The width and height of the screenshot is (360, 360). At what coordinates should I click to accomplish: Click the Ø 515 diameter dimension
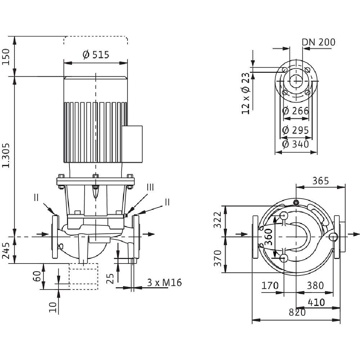point(95,55)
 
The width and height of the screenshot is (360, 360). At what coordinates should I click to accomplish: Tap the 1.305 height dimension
point(6,156)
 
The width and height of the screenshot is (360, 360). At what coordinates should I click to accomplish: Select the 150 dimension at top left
point(6,56)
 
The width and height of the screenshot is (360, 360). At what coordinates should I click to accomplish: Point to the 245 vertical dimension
point(6,250)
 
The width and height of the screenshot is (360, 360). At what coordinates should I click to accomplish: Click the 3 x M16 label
point(164,283)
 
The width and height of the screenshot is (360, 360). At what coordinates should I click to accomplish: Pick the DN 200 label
point(318,42)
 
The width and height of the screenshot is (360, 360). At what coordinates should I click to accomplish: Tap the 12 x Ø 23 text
point(246,94)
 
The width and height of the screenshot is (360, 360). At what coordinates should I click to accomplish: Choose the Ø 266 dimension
point(296,111)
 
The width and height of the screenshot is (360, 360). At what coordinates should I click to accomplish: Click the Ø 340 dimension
point(296,144)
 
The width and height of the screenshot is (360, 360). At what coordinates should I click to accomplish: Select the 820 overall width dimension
point(297,312)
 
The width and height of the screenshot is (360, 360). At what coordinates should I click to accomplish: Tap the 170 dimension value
point(270,285)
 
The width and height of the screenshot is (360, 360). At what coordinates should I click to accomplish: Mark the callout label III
point(150,187)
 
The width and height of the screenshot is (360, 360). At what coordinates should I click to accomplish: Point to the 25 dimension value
point(111,278)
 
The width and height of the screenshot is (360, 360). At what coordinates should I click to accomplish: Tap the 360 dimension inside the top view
point(269,237)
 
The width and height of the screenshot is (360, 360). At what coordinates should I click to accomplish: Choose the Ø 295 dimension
point(296,130)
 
